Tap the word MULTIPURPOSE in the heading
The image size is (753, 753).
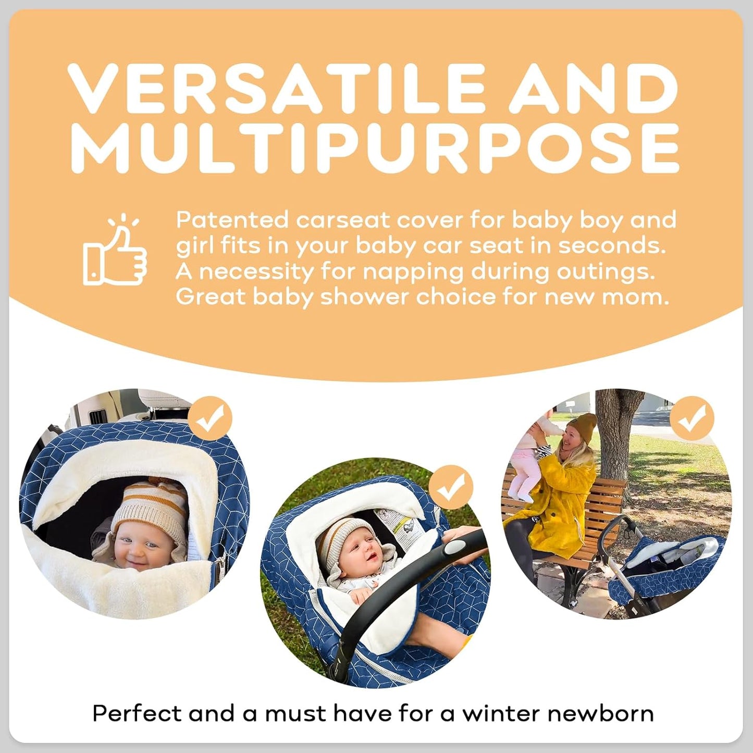tap(375, 149)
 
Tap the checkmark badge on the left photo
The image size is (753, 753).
tap(209, 418)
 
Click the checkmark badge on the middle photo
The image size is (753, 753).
tap(451, 488)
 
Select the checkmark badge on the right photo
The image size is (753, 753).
tap(692, 418)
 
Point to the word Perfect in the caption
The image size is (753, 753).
tap(137, 713)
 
